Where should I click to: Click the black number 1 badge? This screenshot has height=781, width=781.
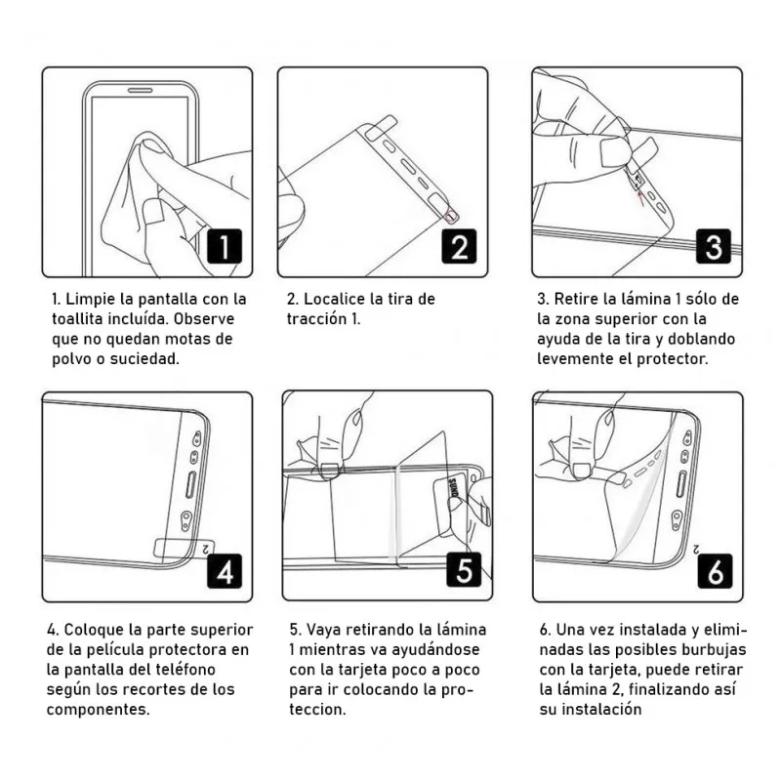click(225, 246)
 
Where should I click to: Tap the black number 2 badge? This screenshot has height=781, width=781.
click(459, 246)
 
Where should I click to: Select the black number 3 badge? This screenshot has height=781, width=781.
click(714, 246)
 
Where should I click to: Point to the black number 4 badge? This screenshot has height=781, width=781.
click(225, 571)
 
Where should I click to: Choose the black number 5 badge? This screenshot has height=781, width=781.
click(464, 569)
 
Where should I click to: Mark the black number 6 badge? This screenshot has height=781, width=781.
click(715, 571)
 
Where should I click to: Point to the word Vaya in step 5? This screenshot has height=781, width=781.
click(323, 631)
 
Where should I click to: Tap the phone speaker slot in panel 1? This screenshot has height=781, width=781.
click(140, 91)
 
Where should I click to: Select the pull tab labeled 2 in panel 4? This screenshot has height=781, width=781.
click(185, 549)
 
